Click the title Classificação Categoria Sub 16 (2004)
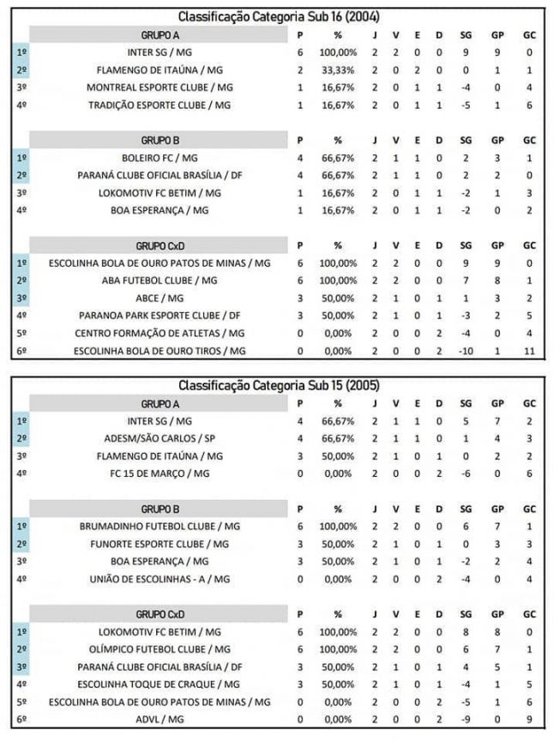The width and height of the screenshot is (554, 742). pyautogui.click(x=280, y=16)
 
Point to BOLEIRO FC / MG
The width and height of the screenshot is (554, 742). pyautogui.click(x=160, y=158)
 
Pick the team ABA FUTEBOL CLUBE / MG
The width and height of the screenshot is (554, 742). pyautogui.click(x=160, y=281)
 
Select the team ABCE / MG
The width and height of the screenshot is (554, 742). pyautogui.click(x=160, y=299)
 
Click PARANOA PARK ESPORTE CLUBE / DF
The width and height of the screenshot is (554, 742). pyautogui.click(x=160, y=316)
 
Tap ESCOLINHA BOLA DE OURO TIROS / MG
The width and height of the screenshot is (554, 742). pyautogui.click(x=160, y=351)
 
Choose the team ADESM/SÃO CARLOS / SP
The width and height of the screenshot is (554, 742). pyautogui.click(x=160, y=438)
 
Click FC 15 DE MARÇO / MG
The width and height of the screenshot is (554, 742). pyautogui.click(x=160, y=474)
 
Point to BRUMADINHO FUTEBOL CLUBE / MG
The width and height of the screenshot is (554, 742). pyautogui.click(x=160, y=526)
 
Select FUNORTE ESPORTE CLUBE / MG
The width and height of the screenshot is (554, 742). pyautogui.click(x=160, y=544)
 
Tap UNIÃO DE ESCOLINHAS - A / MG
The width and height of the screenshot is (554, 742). pyautogui.click(x=160, y=579)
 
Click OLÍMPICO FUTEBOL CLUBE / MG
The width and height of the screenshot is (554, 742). pyautogui.click(x=160, y=649)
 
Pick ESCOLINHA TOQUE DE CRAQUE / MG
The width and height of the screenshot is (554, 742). pyautogui.click(x=160, y=684)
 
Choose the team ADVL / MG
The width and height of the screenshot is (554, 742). pyautogui.click(x=160, y=719)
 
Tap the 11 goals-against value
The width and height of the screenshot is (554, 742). pyautogui.click(x=529, y=351)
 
